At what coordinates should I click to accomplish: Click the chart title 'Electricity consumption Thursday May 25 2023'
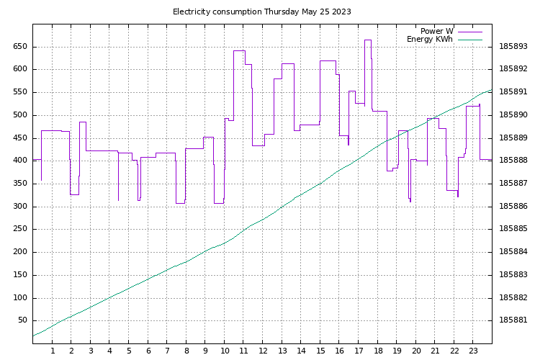(262, 12)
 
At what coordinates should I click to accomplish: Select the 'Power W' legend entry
(437, 31)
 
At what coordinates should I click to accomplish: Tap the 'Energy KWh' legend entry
(430, 39)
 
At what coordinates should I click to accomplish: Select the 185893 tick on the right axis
(513, 46)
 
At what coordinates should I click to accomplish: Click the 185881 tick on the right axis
(513, 320)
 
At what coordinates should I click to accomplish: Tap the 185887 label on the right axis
(513, 184)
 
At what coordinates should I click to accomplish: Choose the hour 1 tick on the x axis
(52, 351)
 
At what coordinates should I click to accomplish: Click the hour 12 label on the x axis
(263, 351)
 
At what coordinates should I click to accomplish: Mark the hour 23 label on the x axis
(473, 351)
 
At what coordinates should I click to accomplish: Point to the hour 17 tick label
(359, 351)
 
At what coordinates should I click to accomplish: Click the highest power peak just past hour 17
(367, 40)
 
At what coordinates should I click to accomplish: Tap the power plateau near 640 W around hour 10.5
(239, 50)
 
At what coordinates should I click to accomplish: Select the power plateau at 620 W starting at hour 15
(328, 60)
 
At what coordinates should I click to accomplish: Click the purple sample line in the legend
(469, 32)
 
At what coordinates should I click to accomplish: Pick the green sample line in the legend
(469, 40)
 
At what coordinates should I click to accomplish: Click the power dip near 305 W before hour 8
(180, 203)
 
